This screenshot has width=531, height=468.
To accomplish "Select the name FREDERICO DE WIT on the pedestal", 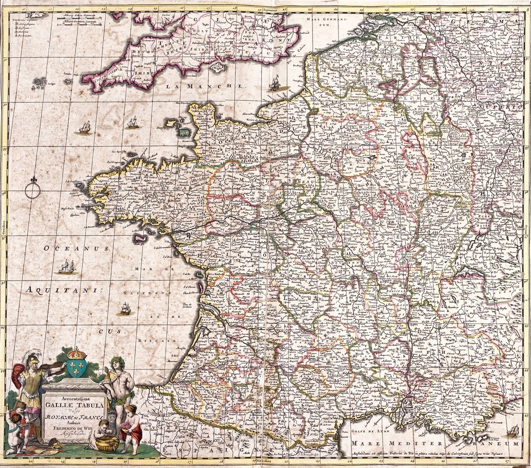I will [74, 425].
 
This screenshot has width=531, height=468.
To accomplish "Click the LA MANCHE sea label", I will [204, 86].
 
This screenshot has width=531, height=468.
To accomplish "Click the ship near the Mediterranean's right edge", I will [513, 431].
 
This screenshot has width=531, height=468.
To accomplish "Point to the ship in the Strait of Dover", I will [275, 83].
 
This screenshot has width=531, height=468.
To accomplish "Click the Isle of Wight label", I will [217, 65].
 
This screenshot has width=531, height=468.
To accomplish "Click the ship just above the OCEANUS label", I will [66, 267].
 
